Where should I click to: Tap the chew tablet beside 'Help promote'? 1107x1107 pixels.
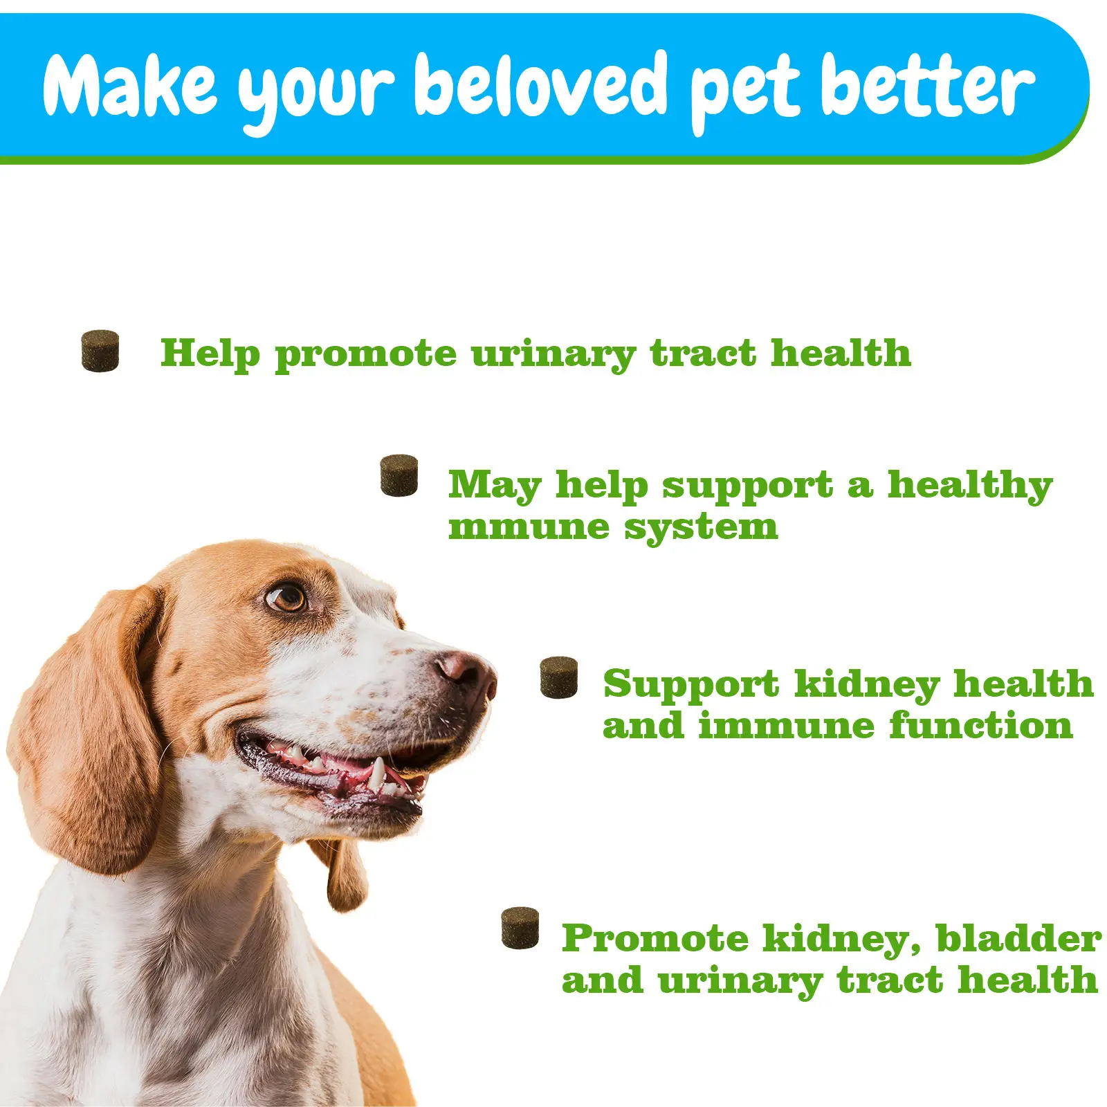coord(100,351)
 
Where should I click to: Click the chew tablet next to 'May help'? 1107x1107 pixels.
coord(399,475)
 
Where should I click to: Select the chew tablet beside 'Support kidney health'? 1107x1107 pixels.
coord(558,677)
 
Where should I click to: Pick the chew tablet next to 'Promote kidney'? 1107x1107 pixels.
coord(520,927)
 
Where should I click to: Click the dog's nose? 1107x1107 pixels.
coord(465,671)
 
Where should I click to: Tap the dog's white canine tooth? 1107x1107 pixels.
coord(377,774)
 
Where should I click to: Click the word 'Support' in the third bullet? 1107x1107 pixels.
coord(690,685)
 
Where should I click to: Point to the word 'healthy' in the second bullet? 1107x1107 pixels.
coord(969,486)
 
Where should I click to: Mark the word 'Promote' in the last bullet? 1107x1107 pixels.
coord(655,938)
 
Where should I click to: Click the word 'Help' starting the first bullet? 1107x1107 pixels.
coord(210,354)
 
